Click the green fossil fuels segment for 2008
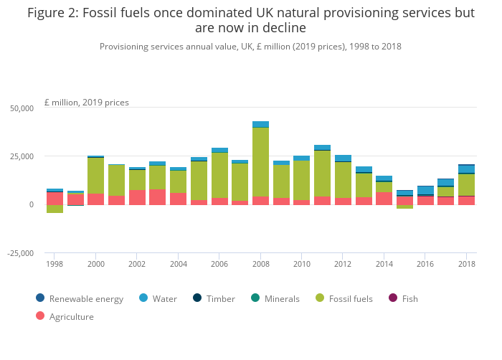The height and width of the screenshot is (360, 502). [x=260, y=161]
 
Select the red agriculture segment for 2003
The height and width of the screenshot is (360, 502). [x=158, y=197]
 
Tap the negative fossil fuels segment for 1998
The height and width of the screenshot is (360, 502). [x=55, y=209]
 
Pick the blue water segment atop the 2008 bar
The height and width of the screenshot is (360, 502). [x=260, y=124]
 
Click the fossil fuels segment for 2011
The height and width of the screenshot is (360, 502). [x=322, y=173]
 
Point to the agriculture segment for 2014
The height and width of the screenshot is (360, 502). [x=384, y=198]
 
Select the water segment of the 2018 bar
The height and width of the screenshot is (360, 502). [x=467, y=169]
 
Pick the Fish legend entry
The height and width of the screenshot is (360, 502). [x=409, y=298]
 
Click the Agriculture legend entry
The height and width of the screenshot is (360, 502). [x=71, y=316]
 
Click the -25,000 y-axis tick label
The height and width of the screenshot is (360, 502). [x=19, y=253]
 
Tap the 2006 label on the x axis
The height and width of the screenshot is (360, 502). [x=219, y=264]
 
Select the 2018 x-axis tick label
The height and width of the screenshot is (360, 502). [x=467, y=264]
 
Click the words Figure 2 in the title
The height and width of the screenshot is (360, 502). [x=54, y=12]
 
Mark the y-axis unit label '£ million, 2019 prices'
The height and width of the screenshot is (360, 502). [x=86, y=102]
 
